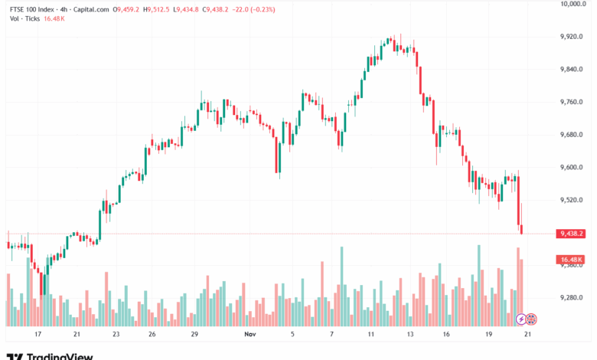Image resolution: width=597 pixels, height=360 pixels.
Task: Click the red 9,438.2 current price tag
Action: pyautogui.click(x=572, y=234)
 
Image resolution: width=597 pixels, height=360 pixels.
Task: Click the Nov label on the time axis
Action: pyautogui.click(x=249, y=335)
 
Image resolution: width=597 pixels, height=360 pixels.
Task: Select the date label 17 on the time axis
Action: pyautogui.click(x=37, y=335)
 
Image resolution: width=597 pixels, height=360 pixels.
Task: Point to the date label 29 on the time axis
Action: pyautogui.click(x=195, y=335)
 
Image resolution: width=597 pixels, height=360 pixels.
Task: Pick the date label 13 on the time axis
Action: pyautogui.click(x=410, y=335)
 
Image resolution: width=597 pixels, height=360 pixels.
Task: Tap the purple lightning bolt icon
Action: pyautogui.click(x=521, y=318)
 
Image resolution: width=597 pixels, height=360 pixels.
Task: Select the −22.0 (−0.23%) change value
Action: pyautogui.click(x=254, y=10)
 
